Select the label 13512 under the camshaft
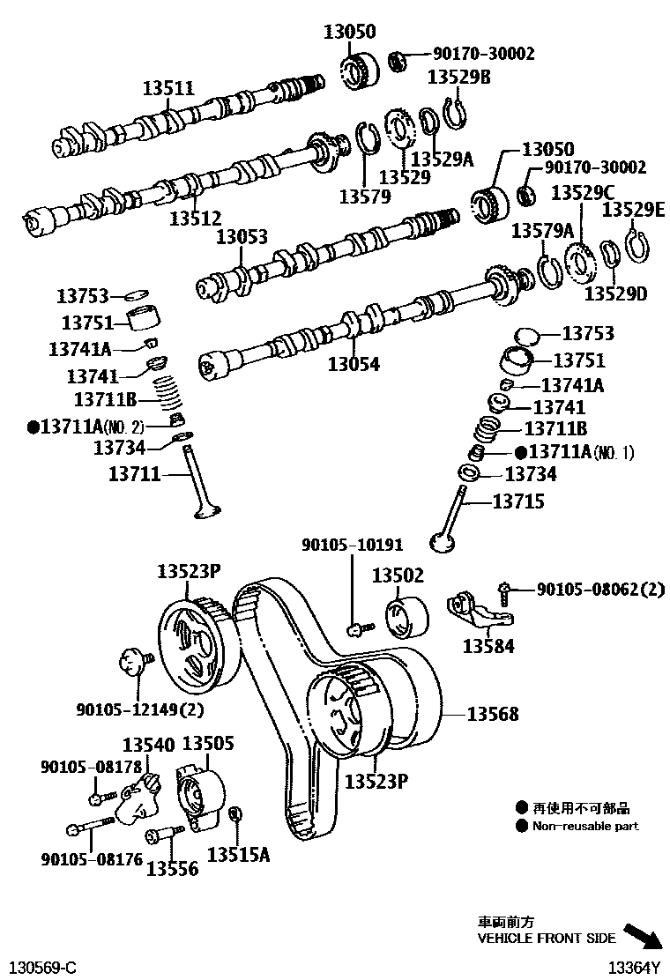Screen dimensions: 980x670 pos(195,218)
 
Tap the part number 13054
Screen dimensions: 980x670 pos(354,363)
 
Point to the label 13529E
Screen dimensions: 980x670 pos(633,210)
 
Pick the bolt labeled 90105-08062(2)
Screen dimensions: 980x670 pos(505,588)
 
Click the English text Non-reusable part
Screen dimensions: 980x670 pos(585,827)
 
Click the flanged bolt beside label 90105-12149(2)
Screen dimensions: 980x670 pos(135,659)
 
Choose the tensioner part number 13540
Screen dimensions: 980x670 pos(147,745)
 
